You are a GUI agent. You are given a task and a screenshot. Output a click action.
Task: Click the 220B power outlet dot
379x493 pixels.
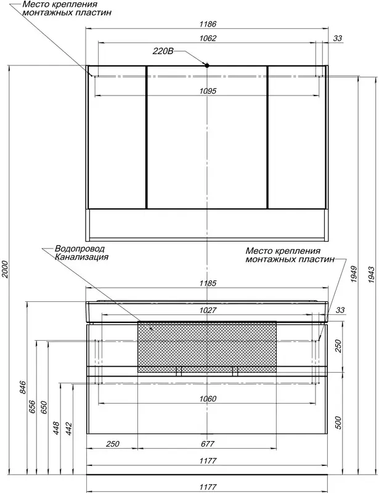[207, 65]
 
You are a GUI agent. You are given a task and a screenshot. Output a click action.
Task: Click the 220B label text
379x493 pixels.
[163, 51]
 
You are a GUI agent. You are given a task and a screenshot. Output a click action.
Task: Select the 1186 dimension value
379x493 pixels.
[208, 24]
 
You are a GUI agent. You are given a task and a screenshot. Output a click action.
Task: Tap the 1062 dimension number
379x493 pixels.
[208, 38]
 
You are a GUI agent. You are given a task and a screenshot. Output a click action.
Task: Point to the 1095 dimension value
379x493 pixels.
[208, 91]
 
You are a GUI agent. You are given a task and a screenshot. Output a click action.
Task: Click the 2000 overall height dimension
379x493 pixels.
[5, 270]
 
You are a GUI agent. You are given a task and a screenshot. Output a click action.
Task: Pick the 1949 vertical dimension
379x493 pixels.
[354, 274]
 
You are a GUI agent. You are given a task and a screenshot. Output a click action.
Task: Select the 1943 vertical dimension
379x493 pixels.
[372, 275]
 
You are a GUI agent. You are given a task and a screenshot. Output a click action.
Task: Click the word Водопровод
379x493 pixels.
[79, 249]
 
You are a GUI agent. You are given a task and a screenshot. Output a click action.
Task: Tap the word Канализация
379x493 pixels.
[82, 257]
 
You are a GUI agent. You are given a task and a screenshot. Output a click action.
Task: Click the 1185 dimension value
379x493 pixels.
[208, 283]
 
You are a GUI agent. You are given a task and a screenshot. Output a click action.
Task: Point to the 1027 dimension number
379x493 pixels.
[208, 311]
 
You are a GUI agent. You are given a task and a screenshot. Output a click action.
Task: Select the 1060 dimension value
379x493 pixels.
[208, 399]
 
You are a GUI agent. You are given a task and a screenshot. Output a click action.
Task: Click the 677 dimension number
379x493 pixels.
[208, 444]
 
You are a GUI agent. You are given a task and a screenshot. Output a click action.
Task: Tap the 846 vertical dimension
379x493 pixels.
[23, 388]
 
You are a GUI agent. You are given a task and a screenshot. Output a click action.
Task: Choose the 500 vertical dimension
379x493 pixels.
[338, 423]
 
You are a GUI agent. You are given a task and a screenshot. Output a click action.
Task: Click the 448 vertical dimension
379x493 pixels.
[56, 428]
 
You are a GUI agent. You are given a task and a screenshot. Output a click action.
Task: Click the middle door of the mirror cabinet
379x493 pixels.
[207, 137]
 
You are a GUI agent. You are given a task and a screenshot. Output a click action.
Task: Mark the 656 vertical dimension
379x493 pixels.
[33, 407]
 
